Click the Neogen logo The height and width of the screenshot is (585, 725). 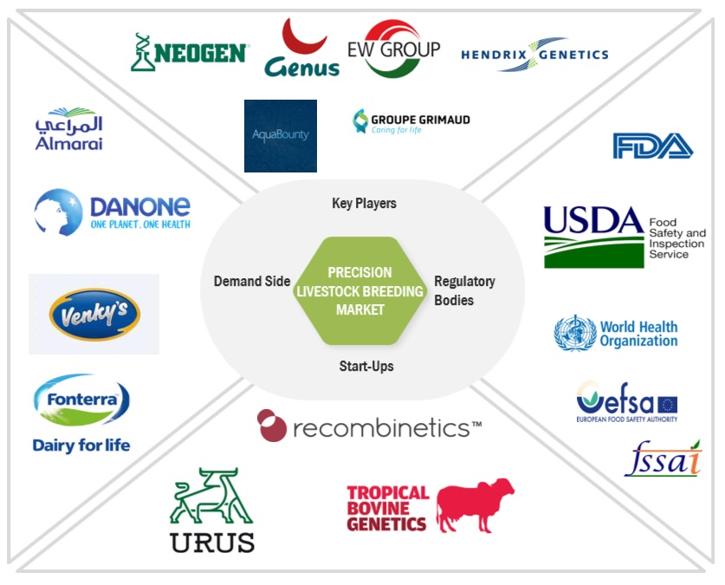click(190, 52)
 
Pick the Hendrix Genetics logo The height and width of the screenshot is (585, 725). click(534, 54)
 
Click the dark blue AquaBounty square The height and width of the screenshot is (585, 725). click(280, 135)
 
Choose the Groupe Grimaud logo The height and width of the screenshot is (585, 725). click(411, 122)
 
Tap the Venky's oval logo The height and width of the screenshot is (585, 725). click(94, 315)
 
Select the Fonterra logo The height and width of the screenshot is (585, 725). click(81, 413)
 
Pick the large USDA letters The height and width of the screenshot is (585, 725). click(593, 224)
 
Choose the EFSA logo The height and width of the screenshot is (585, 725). click(626, 401)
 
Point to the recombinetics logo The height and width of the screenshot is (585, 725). click(370, 426)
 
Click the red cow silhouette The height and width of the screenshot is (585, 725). click(475, 504)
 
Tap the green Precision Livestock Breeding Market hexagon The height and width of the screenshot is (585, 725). click(360, 290)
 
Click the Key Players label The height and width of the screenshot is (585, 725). click(364, 203)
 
